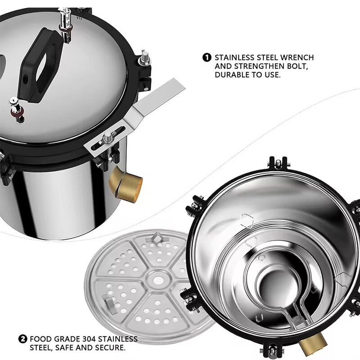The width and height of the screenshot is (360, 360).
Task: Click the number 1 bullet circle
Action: (207, 58)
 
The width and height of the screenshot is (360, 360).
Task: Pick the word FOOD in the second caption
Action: (40, 339)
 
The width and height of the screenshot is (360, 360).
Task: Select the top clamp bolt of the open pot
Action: (278, 162)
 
